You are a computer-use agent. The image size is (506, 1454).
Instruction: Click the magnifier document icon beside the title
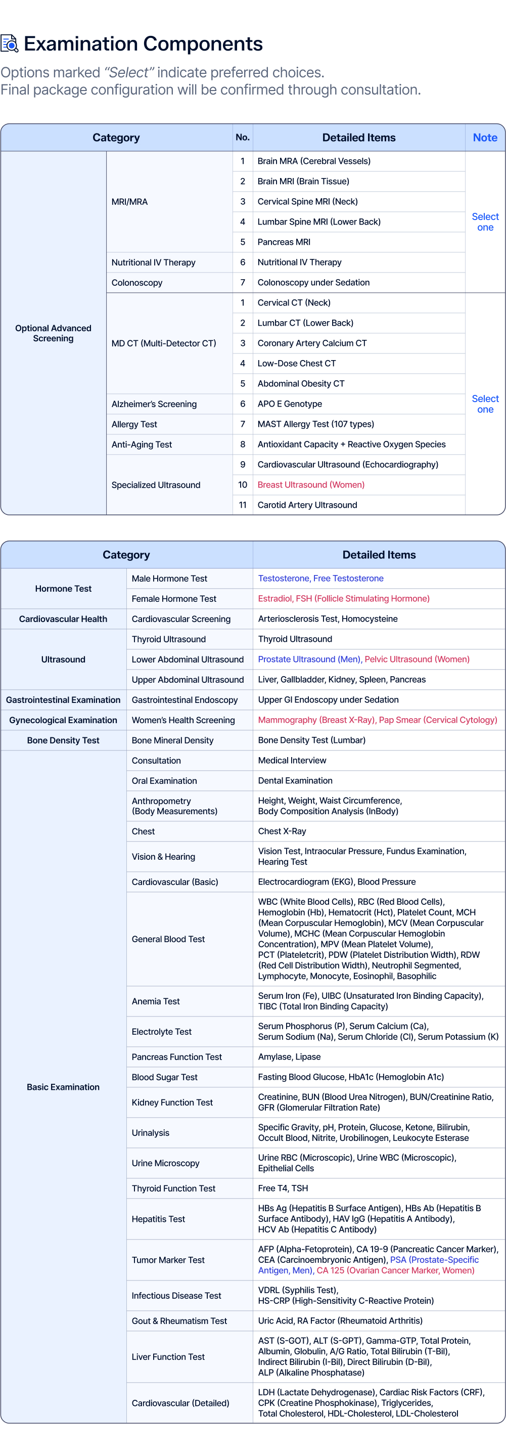10,43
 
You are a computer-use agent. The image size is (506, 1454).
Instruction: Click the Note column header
485,138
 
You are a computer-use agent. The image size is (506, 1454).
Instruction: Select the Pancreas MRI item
284,242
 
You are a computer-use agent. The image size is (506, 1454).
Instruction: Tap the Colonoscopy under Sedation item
313,283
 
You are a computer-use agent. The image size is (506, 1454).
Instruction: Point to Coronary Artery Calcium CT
311,343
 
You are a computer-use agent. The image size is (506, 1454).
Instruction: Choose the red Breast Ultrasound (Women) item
311,485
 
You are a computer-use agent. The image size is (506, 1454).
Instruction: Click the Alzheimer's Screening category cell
154,404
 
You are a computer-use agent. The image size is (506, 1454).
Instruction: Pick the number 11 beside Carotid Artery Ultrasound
243,505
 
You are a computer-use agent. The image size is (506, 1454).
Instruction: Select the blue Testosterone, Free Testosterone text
320,579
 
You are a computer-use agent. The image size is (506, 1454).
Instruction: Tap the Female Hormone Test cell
174,599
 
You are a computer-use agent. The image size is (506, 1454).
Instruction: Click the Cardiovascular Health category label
63,619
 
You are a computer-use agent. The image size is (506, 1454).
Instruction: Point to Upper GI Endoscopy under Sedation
328,700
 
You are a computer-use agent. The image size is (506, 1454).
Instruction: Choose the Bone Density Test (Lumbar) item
311,740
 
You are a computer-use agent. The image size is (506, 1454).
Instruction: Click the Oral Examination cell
164,781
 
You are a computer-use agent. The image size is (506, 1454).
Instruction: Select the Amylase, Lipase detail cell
289,1057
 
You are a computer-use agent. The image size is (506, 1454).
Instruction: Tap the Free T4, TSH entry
283,1188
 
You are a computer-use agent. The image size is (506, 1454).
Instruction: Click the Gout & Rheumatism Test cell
179,1321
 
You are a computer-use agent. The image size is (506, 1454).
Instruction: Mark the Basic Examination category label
63,1087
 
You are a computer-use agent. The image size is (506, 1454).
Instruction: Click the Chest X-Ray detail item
282,831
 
